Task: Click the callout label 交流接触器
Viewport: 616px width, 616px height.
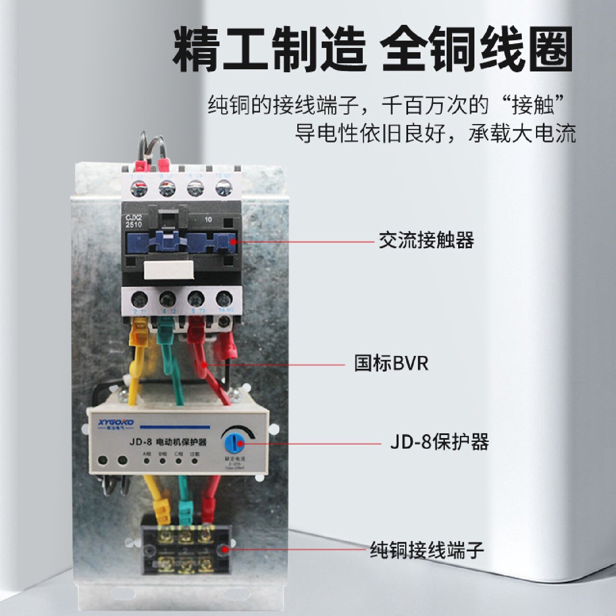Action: pyautogui.click(x=426, y=240)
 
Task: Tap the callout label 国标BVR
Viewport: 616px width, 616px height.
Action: pyautogui.click(x=391, y=364)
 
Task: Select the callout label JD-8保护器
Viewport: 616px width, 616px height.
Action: pyautogui.click(x=439, y=442)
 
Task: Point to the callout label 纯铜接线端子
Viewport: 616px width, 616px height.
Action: pyautogui.click(x=426, y=550)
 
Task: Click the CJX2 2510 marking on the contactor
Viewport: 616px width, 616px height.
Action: pyautogui.click(x=133, y=221)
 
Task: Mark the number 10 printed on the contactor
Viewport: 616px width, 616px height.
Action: pyautogui.click(x=208, y=219)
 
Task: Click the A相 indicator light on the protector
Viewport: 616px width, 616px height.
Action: pyautogui.click(x=147, y=461)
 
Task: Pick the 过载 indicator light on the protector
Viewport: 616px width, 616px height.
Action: pyautogui.click(x=195, y=461)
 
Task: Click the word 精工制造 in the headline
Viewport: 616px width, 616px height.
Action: pyautogui.click(x=269, y=49)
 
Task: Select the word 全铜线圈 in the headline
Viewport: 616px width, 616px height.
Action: pyautogui.click(x=477, y=49)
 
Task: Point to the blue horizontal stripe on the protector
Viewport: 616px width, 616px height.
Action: pyautogui.click(x=175, y=427)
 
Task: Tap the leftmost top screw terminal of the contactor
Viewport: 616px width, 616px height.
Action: pyautogui.click(x=139, y=188)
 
